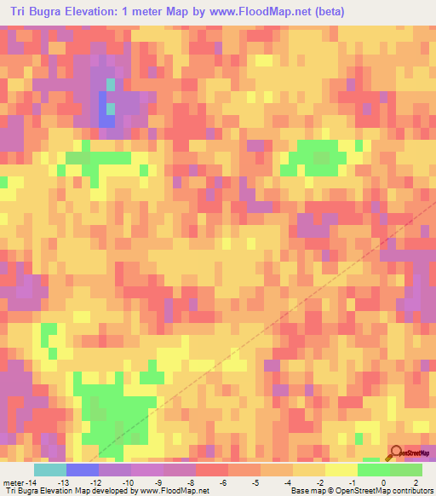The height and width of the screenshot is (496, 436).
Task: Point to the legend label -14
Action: coord(31,483)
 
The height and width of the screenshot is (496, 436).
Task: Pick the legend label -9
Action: coord(158,483)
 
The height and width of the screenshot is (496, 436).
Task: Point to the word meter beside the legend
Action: coord(12,483)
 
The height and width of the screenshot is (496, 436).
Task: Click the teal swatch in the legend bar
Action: coord(49,470)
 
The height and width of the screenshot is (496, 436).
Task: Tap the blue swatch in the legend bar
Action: coord(82,470)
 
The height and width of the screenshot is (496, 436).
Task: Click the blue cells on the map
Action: coord(106,110)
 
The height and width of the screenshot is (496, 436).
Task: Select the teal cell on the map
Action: coord(110,84)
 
